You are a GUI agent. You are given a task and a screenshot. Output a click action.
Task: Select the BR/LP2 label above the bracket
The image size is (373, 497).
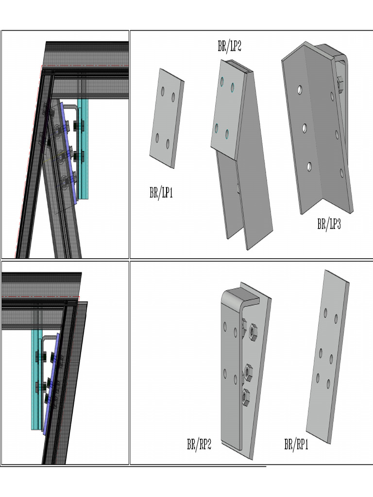coord(229,47)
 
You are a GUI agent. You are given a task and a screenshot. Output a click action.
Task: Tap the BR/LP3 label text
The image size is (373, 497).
coord(329,224)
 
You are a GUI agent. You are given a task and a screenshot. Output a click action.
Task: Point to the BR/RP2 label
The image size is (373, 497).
coord(199,444)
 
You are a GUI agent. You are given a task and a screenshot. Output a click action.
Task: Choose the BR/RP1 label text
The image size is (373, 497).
coord(296,444)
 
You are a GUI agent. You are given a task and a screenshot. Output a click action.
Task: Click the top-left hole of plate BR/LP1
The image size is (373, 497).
coord(163,90)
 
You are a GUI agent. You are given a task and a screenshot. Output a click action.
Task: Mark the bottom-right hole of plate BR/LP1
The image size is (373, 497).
coord(168,144)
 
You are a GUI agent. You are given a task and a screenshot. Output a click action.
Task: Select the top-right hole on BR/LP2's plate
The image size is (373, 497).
coord(233,87)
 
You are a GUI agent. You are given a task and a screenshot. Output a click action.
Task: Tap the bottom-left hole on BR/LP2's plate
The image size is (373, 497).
coord(217,128)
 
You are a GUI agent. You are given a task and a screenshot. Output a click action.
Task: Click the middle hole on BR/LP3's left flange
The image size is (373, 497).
coord(305,128)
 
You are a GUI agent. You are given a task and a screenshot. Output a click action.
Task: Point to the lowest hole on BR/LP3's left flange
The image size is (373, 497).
coord(309,166)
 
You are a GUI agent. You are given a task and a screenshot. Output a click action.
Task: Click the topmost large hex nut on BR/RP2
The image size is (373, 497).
coord(253,332)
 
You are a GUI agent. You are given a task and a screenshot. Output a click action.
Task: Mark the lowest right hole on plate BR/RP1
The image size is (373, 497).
coord(329,384)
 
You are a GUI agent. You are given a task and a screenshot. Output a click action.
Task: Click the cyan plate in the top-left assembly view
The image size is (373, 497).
coord(84,150)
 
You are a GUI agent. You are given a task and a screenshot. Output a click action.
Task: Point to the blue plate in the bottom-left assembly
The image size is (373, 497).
coord(51,383)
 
